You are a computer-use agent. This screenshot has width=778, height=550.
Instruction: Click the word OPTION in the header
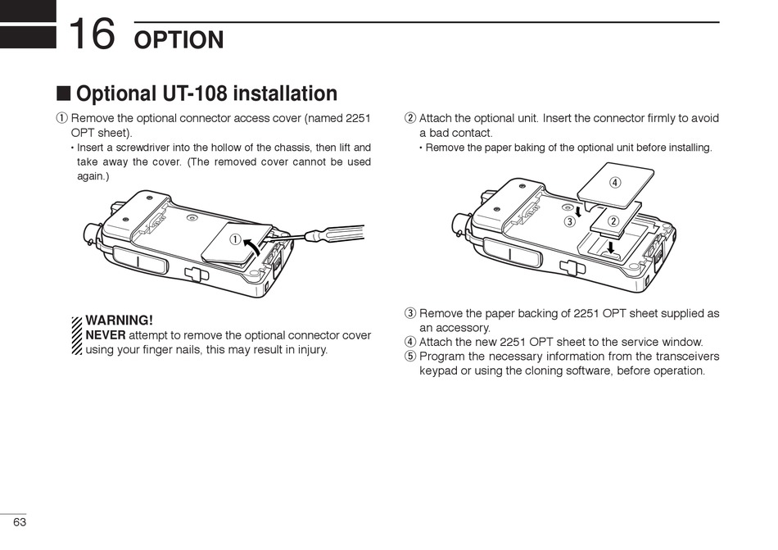[179, 40]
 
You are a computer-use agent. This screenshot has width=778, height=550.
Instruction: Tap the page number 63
[20, 522]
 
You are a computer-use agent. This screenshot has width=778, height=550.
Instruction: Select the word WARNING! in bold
[120, 320]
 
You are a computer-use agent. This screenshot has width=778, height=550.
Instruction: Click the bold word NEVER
[106, 335]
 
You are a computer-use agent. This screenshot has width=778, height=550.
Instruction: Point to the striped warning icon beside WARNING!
[76, 335]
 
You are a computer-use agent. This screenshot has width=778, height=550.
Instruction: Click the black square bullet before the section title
[64, 94]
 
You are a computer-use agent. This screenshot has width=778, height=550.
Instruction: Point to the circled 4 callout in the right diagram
[613, 182]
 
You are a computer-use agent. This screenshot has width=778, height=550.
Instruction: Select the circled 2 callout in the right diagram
[613, 221]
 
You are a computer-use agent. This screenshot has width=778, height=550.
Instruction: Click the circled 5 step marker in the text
[410, 357]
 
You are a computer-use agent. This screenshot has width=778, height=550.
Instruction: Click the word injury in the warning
[309, 350]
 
